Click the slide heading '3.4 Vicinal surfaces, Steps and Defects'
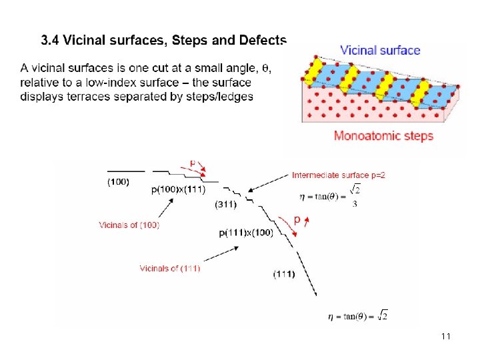click(x=163, y=40)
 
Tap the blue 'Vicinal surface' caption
click(x=380, y=50)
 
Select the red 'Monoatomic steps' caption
click(x=383, y=136)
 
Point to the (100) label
click(x=119, y=181)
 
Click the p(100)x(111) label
click(x=179, y=189)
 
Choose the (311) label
click(x=225, y=204)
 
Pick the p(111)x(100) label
click(x=246, y=233)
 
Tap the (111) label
click(x=284, y=274)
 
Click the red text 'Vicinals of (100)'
click(x=129, y=225)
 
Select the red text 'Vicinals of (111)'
click(x=169, y=268)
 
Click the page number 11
click(x=446, y=337)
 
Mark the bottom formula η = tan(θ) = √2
click(x=357, y=315)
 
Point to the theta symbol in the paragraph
click(x=265, y=68)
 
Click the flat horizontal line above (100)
click(x=125, y=171)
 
